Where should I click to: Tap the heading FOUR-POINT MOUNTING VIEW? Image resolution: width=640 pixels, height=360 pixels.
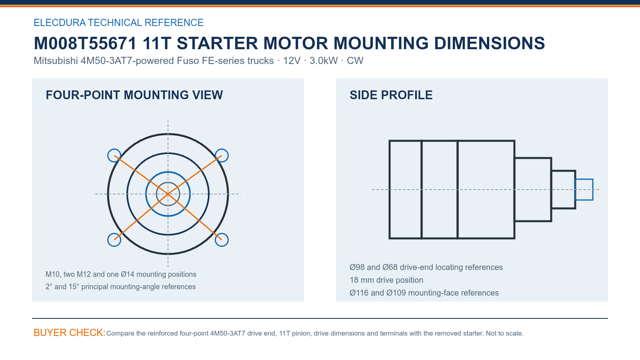coord(134,95)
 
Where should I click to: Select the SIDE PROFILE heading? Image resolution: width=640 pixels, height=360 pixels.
coord(391,95)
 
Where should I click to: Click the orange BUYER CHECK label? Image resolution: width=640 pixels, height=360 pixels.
coord(70,333)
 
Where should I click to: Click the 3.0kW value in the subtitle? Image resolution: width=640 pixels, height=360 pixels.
coord(324,61)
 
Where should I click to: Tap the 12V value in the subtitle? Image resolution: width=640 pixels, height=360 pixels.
coord(292,61)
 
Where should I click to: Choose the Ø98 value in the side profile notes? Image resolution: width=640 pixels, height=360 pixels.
coord(357,267)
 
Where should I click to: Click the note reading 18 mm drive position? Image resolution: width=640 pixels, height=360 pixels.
coord(386,280)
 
